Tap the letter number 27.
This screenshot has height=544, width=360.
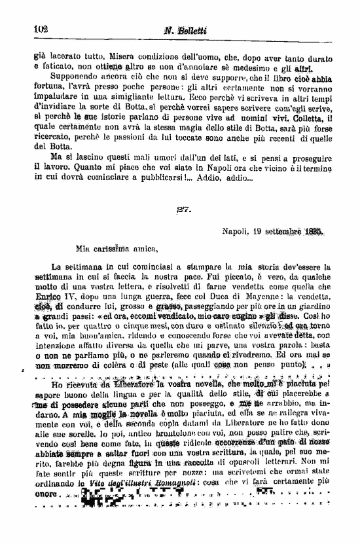183,209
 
